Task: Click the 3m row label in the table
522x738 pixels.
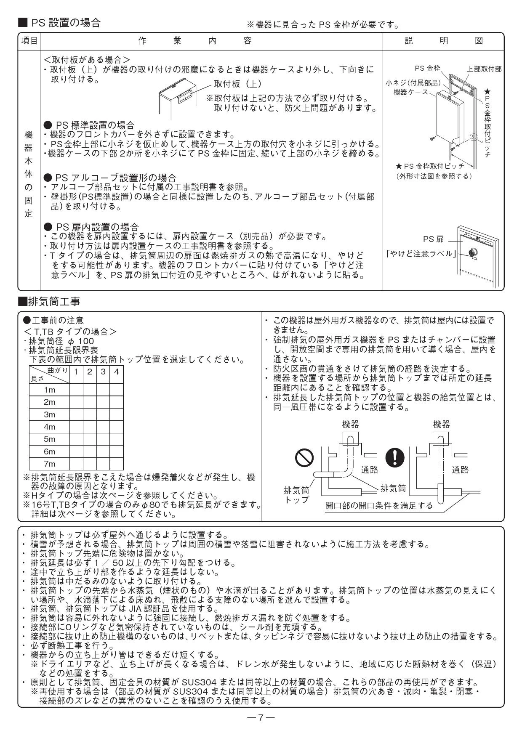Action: [49, 414]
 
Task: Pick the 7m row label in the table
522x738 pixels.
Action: [49, 464]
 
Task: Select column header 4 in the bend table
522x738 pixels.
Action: [116, 372]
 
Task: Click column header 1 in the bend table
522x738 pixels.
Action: [76, 372]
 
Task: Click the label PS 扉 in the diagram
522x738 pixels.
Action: [433, 239]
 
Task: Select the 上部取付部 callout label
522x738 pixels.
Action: [484, 69]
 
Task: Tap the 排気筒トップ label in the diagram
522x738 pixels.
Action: [296, 495]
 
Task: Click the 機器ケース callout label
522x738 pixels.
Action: [410, 92]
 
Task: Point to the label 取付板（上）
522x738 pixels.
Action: [238, 84]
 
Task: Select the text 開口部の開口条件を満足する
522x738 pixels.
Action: [379, 505]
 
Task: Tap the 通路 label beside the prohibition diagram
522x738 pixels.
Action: [370, 470]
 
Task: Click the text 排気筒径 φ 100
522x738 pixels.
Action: [61, 341]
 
